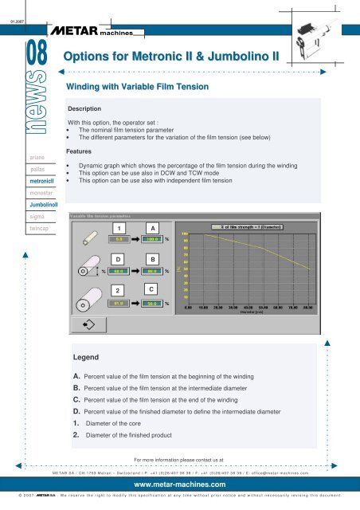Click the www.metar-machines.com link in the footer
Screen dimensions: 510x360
[x=179, y=484]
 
